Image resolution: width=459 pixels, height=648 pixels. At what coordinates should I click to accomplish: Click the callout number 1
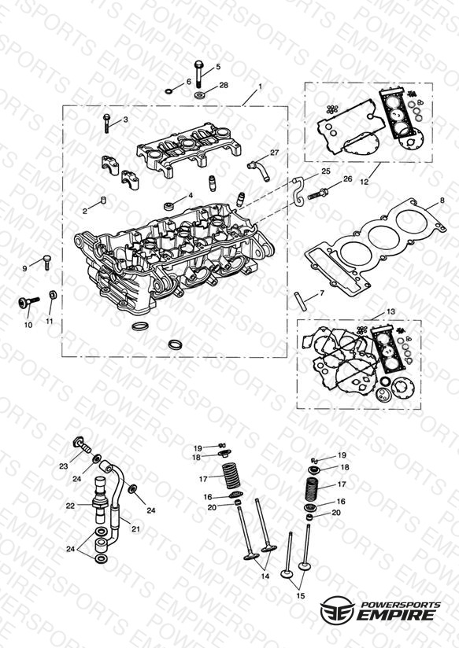coord(260,87)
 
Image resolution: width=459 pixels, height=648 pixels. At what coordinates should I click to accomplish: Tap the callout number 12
coord(364,181)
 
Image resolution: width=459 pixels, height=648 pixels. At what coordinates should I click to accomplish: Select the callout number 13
coord(391,311)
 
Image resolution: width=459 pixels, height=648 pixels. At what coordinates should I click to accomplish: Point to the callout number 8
coord(442,201)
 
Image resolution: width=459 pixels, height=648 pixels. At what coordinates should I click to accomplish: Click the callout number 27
coord(275,153)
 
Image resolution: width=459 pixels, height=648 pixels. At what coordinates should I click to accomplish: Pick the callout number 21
coord(135,528)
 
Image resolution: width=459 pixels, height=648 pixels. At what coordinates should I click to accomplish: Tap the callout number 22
coord(70,506)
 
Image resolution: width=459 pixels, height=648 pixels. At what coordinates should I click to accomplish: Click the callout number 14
coord(265,576)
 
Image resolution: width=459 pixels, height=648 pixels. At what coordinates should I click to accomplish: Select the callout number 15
coord(301,595)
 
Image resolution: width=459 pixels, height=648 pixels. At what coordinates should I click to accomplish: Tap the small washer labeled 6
coord(168,90)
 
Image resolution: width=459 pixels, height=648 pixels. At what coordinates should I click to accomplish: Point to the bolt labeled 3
coord(106,123)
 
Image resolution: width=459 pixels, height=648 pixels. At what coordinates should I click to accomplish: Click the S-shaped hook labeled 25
coord(299,191)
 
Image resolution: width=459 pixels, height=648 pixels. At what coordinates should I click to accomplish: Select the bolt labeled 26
coord(318,193)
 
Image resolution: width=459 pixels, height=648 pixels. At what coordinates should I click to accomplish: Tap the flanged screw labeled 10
coord(29,302)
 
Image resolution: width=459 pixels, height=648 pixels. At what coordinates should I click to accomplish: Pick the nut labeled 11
coord(53,295)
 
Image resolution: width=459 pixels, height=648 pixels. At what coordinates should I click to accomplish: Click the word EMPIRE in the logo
coord(396,614)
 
